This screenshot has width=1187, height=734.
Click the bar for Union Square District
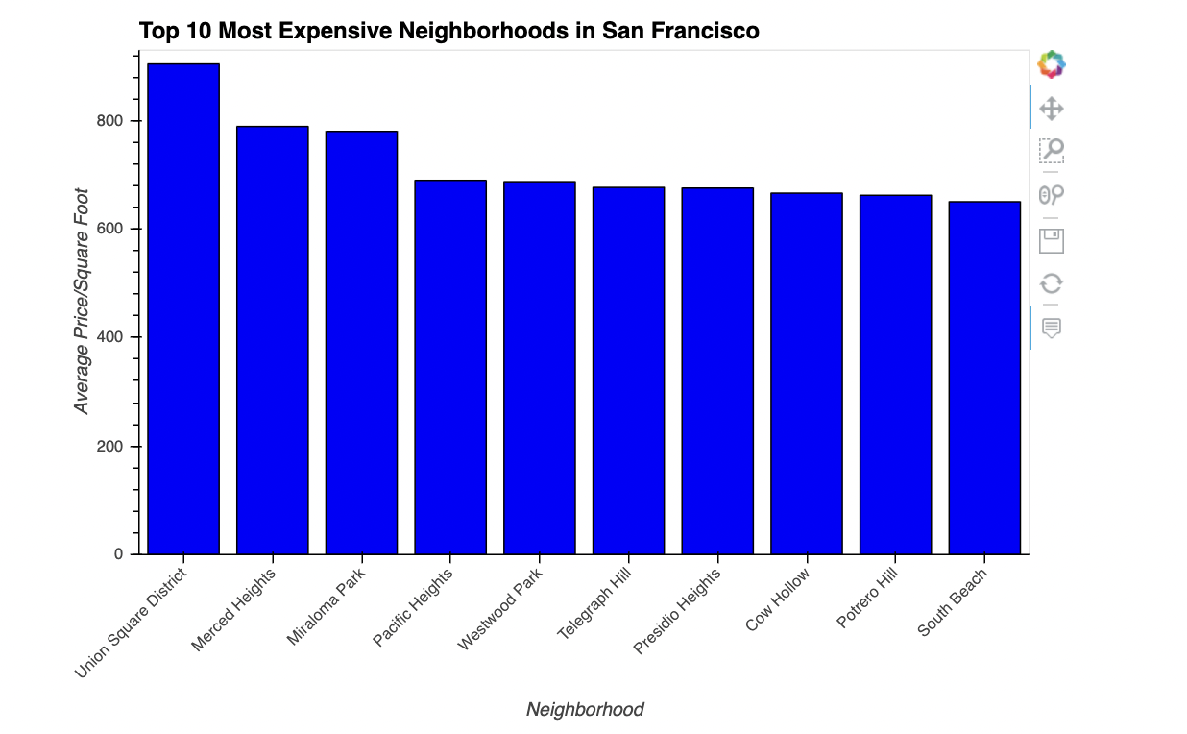point(183,308)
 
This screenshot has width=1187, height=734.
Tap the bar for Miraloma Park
point(361,342)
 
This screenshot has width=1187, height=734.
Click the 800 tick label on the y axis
point(109,121)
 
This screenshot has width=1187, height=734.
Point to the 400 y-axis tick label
point(109,338)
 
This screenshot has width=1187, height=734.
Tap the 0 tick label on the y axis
point(120,554)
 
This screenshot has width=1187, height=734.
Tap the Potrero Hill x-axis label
point(867,599)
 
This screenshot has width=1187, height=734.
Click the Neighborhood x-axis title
point(585,710)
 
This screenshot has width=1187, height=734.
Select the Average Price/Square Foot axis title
point(83,301)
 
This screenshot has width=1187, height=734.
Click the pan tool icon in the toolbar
point(1052,108)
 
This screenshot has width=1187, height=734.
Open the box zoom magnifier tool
point(1052,151)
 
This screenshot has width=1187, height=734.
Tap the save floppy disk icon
point(1052,240)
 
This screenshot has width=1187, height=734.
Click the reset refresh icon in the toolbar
point(1052,283)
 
